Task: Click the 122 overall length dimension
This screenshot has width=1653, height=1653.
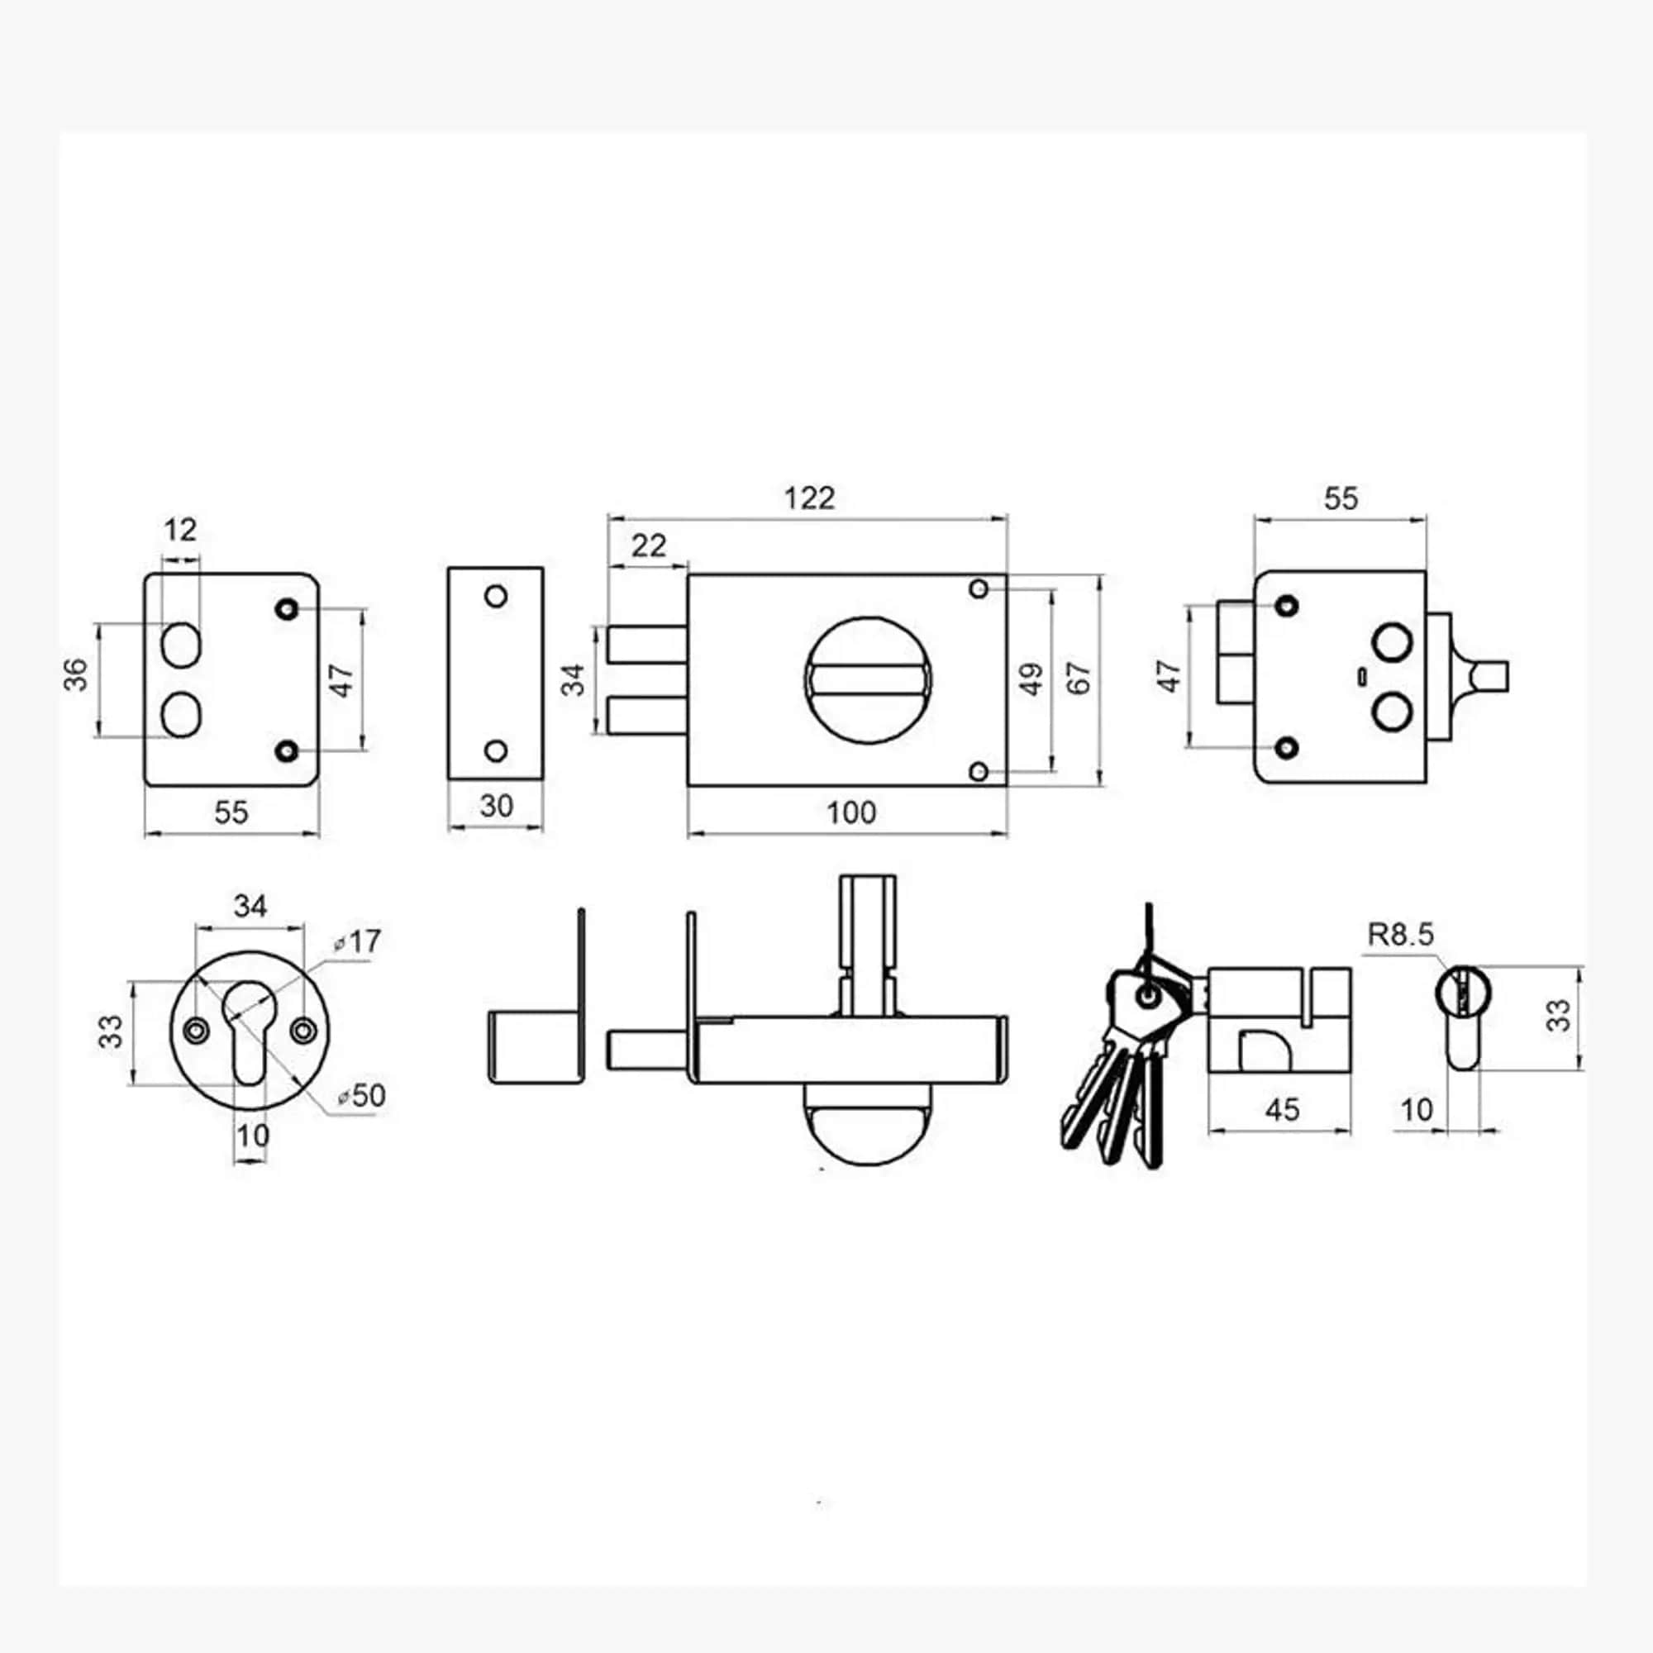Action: (808, 497)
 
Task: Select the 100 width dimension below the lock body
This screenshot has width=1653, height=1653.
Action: (850, 812)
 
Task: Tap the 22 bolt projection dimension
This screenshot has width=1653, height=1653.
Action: (648, 545)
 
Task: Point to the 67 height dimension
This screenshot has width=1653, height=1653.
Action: (1080, 679)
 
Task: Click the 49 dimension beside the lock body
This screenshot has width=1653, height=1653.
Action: (1031, 679)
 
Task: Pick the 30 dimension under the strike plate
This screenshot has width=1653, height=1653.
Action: (496, 805)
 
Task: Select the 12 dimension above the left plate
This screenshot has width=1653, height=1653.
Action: (179, 530)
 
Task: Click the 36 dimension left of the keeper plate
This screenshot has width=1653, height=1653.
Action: (76, 674)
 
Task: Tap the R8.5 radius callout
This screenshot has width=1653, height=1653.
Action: (1400, 934)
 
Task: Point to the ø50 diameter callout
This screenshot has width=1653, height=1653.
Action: (361, 1095)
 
